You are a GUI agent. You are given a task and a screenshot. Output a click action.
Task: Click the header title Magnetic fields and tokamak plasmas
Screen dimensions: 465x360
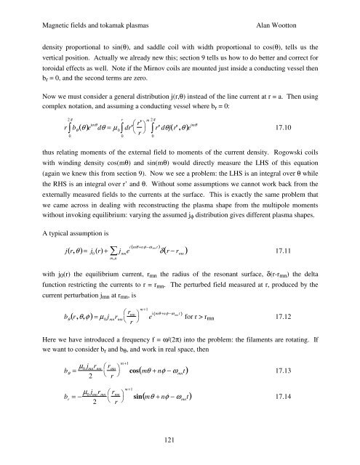(x=86, y=15)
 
